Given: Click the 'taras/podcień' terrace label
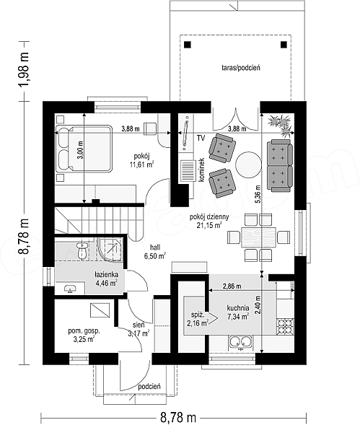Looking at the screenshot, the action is coord(241,68).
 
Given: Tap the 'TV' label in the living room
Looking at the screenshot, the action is coord(201,138).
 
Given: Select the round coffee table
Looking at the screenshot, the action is coord(248,165).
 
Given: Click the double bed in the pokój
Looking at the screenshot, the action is coord(84,149).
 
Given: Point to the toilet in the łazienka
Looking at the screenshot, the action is coord(82,250).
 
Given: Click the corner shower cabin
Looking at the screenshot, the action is coord(110,250).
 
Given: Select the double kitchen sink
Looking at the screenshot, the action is coord(241,341).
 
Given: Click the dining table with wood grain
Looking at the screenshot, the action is coord(258,237).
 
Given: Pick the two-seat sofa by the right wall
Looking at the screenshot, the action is coord(280,165).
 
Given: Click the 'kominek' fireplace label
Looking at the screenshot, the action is coord(201,170).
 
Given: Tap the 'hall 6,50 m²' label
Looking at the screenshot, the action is coord(155,252).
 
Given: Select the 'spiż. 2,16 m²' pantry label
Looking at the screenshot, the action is coord(197,319).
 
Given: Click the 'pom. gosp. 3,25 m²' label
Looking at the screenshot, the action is coord(84,335).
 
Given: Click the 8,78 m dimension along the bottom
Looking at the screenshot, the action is coord(178,416).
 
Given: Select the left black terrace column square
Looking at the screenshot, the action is coord(188,45).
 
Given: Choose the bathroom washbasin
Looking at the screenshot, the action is coord(70,289).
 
